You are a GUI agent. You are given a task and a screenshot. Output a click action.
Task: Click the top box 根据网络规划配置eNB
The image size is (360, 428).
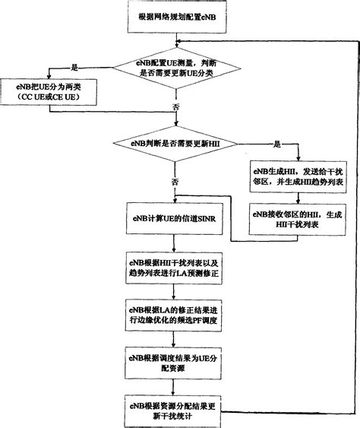(x=176, y=16)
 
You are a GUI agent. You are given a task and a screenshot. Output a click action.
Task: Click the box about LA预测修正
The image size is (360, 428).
(x=176, y=266)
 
